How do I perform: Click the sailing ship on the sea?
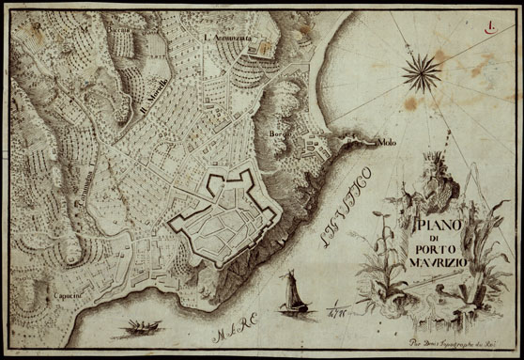293,291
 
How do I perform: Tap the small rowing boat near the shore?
138,327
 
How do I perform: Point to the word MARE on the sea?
228,329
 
